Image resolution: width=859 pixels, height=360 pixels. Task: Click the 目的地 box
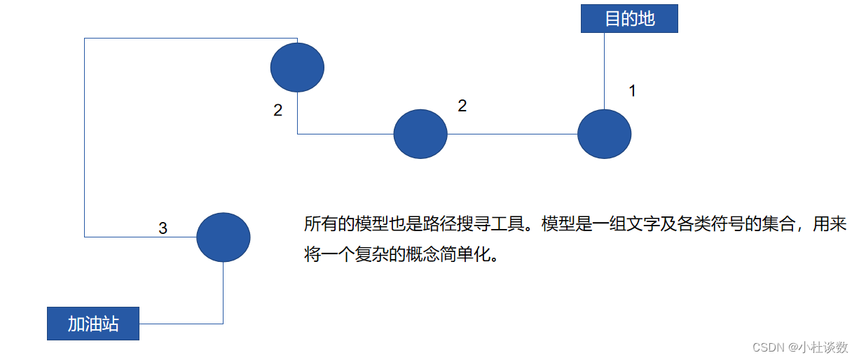click(x=629, y=18)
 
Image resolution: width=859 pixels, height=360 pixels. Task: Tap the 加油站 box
click(x=93, y=324)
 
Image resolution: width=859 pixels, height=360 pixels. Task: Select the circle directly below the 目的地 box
click(x=604, y=134)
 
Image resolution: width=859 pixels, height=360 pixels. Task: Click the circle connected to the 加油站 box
click(x=223, y=237)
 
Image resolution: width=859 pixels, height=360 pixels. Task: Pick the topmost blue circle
click(x=297, y=67)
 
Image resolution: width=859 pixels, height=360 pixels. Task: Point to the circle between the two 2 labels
click(x=420, y=134)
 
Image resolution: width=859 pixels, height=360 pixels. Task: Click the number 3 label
click(x=163, y=228)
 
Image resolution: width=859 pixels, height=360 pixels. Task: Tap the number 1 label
click(x=632, y=90)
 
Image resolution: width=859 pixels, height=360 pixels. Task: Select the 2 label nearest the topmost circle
click(x=278, y=111)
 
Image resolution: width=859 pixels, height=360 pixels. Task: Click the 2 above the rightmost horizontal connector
click(x=462, y=106)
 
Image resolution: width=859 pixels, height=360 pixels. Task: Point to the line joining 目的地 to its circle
click(x=604, y=70)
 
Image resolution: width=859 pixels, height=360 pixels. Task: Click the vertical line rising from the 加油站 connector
click(x=223, y=293)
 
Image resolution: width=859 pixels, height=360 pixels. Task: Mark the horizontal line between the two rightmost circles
click(x=512, y=134)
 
